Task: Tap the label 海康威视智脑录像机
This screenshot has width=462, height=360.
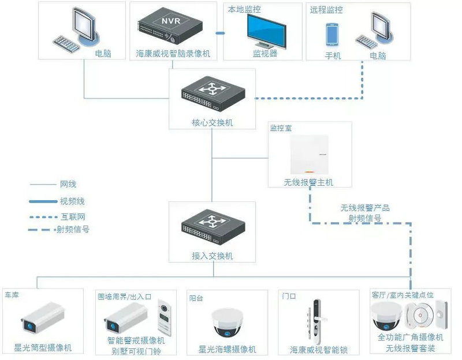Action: pyautogui.click(x=173, y=54)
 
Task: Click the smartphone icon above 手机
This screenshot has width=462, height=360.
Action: pyautogui.click(x=332, y=34)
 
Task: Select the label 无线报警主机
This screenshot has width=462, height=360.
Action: pyautogui.click(x=309, y=182)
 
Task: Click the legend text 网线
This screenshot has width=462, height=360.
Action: pyautogui.click(x=68, y=185)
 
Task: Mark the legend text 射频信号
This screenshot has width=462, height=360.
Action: pyautogui.click(x=73, y=229)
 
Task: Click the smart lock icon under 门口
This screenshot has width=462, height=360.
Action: pyautogui.click(x=315, y=319)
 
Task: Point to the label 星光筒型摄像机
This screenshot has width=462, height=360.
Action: pyautogui.click(x=44, y=348)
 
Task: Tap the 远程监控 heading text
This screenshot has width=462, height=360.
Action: pyautogui.click(x=326, y=10)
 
